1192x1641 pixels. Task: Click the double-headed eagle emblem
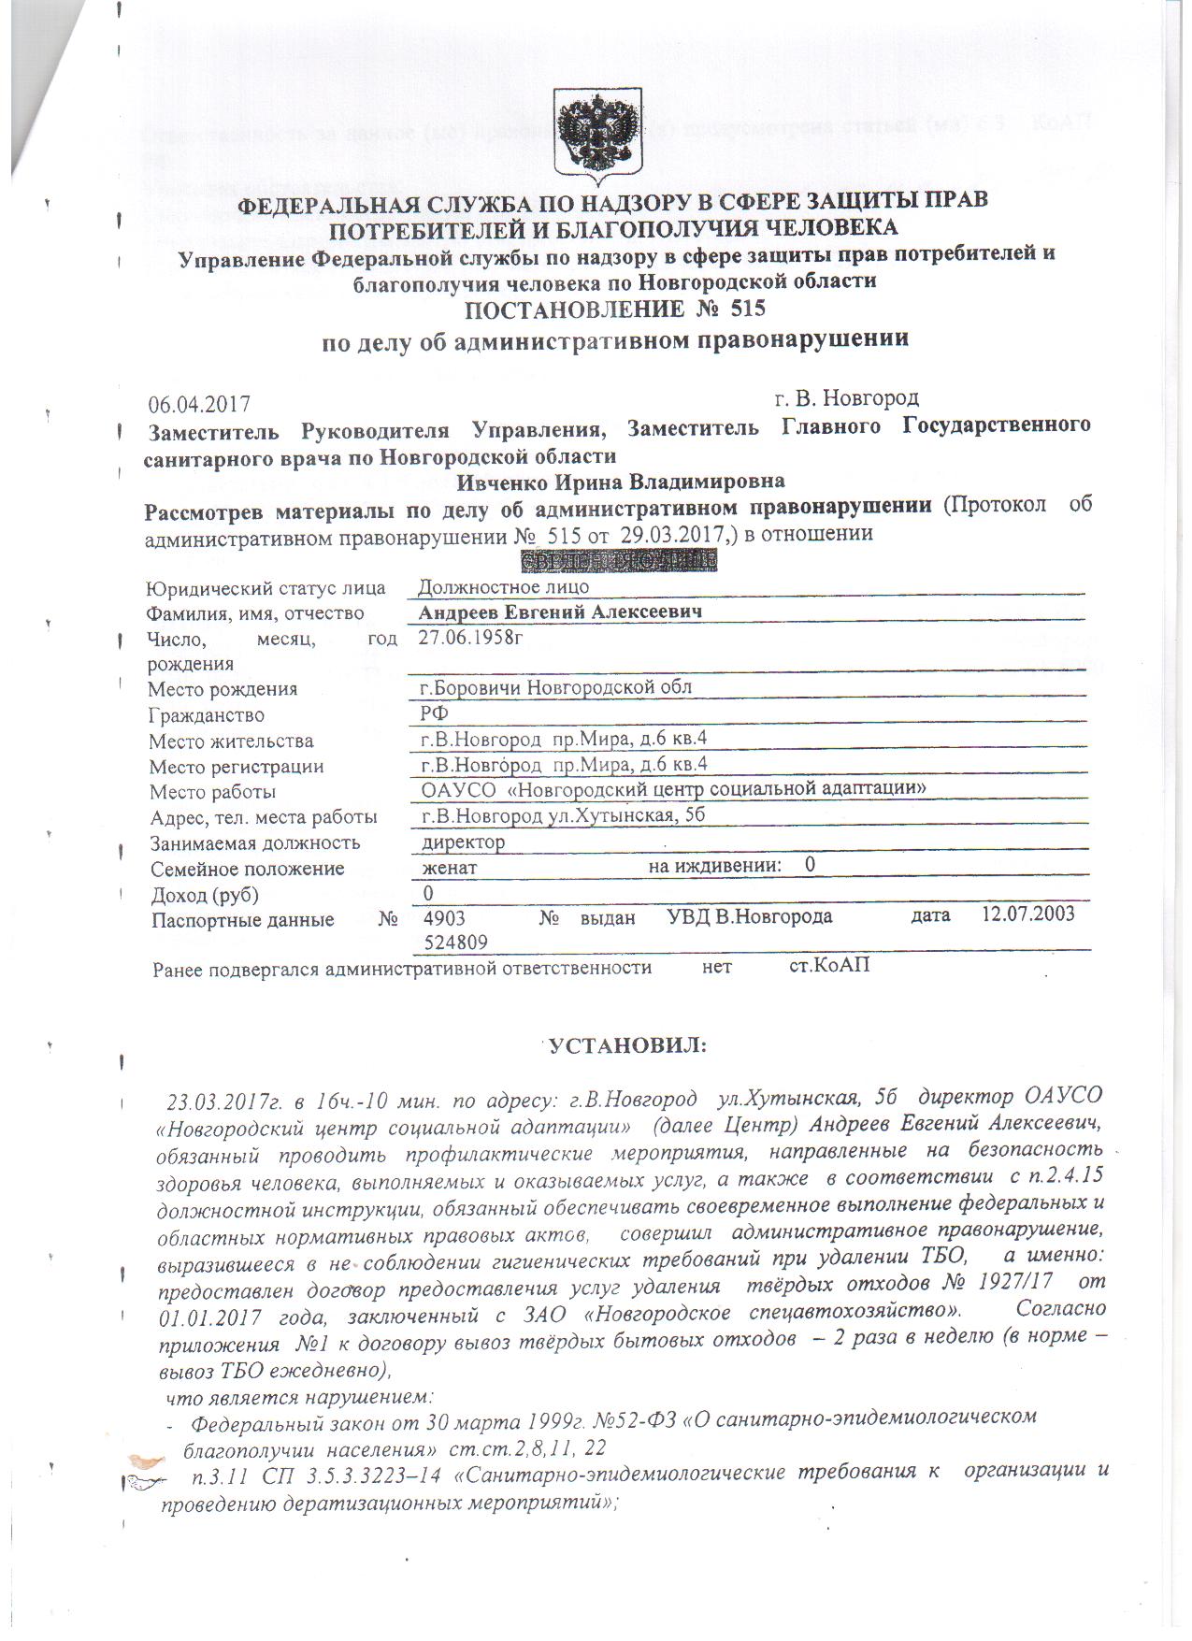click(598, 135)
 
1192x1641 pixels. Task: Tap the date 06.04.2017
click(199, 404)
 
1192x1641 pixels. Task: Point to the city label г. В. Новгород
click(846, 398)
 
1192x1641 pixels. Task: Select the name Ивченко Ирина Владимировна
click(621, 482)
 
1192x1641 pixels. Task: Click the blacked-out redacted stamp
click(617, 561)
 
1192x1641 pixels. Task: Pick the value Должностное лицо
click(503, 586)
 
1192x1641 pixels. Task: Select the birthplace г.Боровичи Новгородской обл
click(555, 687)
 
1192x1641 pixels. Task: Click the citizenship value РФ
click(434, 713)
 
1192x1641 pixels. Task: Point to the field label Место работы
click(213, 792)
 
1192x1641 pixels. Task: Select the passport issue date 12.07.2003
click(1027, 914)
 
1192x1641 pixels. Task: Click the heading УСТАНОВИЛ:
click(627, 1044)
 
